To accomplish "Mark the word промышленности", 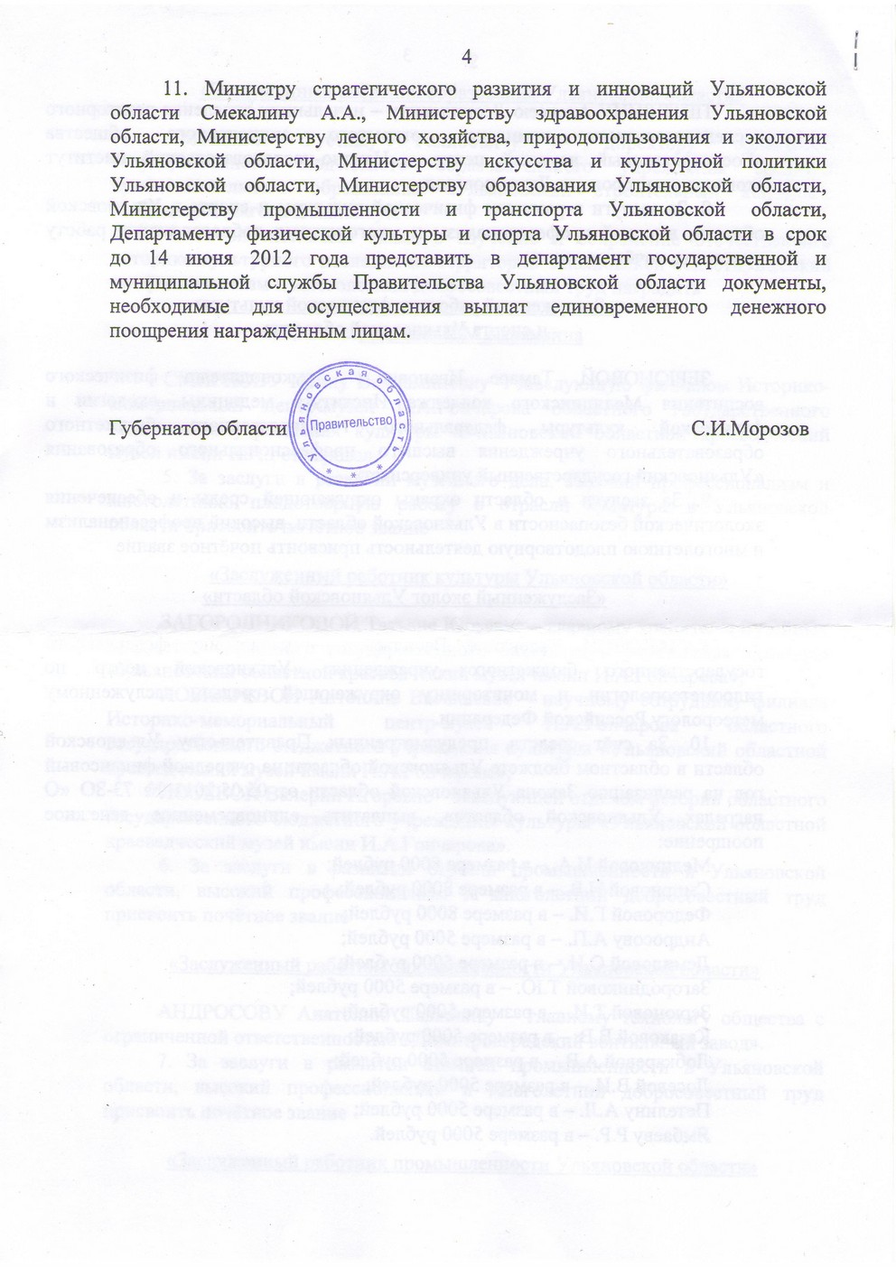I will click(341, 211).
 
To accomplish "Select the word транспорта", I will click(533, 211).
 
